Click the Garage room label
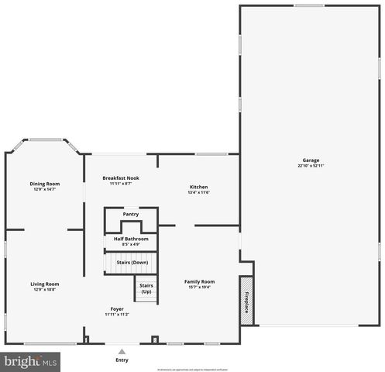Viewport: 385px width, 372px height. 311,160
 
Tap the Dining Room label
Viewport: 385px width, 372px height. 45,184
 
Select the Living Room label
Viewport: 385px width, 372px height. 45,284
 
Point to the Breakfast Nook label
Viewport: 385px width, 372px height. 122,178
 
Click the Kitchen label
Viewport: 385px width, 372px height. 199,187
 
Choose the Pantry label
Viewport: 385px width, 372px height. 131,214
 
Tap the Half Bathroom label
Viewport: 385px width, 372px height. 131,239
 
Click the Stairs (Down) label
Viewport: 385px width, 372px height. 132,262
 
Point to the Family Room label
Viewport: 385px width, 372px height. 199,281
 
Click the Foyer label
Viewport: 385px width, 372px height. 117,308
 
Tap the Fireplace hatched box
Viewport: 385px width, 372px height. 247,299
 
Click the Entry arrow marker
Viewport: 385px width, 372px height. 122,351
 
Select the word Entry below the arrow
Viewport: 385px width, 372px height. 122,360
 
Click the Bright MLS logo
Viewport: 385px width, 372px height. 32,361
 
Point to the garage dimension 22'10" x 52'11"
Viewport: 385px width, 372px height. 311,166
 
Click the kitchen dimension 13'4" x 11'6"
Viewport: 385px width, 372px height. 199,192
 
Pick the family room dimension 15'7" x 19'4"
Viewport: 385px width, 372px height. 199,287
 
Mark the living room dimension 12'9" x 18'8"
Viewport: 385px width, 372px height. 45,289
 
